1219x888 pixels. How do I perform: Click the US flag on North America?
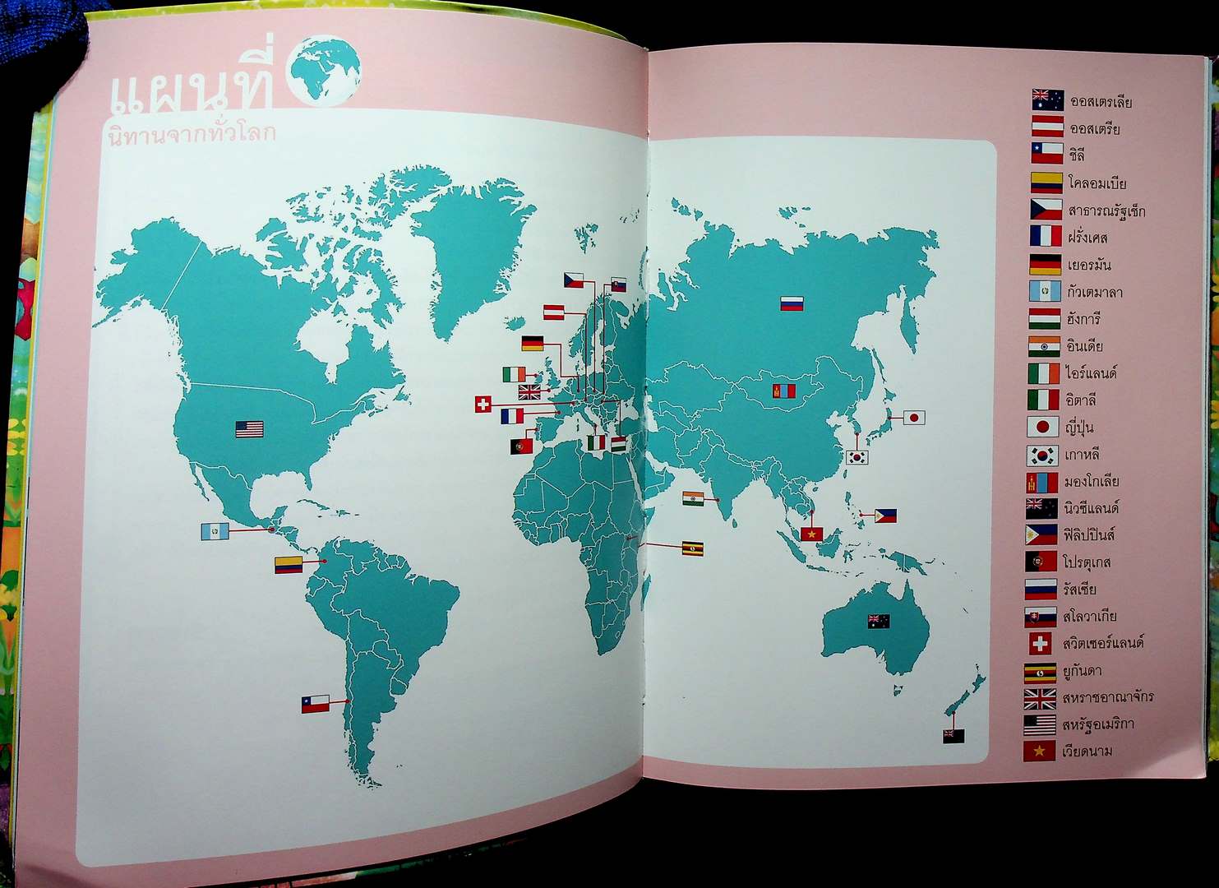coord(249,429)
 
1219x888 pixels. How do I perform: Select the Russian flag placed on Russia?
coord(792,303)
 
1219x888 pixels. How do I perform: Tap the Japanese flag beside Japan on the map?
coord(914,418)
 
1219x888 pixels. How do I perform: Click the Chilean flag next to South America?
coord(315,704)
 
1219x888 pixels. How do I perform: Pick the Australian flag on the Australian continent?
coord(878,621)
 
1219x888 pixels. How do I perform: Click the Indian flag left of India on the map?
coord(693,498)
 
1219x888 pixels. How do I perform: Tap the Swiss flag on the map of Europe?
coord(483,405)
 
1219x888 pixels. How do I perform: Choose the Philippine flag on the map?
coord(885,516)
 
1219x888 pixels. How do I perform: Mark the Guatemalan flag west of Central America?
coord(215,532)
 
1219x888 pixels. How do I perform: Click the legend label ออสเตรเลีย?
coord(1101,103)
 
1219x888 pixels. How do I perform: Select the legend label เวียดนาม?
coord(1087,751)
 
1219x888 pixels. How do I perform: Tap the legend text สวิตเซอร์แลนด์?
coord(1103,643)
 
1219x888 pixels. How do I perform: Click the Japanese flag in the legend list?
coord(1042,428)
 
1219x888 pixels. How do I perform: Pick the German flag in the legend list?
coord(1046,265)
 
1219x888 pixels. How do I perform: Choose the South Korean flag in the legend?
coord(1041,455)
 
